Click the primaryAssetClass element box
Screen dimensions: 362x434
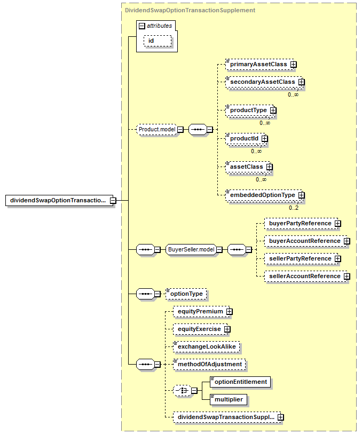[x=261, y=64]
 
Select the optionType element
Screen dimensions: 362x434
[x=186, y=294]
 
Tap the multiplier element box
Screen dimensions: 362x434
[x=229, y=399]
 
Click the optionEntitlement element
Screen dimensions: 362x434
[x=240, y=382]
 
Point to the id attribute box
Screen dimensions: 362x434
[x=158, y=41]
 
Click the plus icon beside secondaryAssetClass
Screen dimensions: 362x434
[x=301, y=82]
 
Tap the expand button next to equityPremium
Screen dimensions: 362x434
[x=229, y=311]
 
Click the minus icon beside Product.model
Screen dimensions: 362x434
[x=180, y=129]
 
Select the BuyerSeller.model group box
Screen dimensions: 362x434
[x=191, y=249]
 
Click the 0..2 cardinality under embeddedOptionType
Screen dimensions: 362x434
[x=294, y=208]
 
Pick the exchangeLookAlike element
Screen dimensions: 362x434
[x=207, y=347]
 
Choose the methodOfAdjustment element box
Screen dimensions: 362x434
[x=209, y=364]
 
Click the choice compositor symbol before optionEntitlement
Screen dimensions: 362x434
[x=182, y=391]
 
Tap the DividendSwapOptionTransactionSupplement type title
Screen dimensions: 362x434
[x=190, y=10]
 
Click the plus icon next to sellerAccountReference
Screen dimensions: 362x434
[x=347, y=276]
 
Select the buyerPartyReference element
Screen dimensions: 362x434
[x=301, y=223]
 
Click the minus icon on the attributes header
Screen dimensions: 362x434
[x=141, y=26]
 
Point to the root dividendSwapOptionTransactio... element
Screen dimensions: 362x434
[x=59, y=200]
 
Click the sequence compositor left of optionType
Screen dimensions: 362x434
[x=145, y=294]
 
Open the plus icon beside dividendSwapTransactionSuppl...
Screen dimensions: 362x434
[x=281, y=417]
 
